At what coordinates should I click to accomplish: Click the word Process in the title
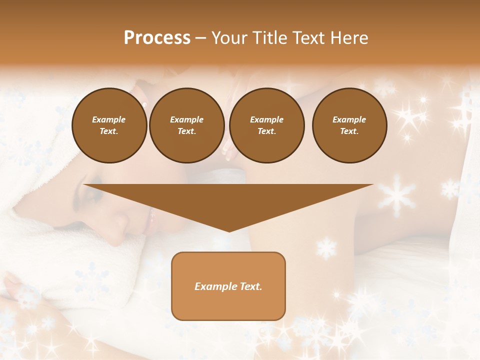[x=157, y=38]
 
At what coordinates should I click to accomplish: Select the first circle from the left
[x=109, y=125]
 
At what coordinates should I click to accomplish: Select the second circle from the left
[x=186, y=125]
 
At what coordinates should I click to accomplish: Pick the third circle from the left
[x=266, y=125]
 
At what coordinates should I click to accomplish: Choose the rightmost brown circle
[x=349, y=125]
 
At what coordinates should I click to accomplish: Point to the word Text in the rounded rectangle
[x=249, y=286]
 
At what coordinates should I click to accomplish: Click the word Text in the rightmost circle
[x=349, y=131]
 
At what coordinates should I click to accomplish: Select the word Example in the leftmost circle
[x=109, y=119]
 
